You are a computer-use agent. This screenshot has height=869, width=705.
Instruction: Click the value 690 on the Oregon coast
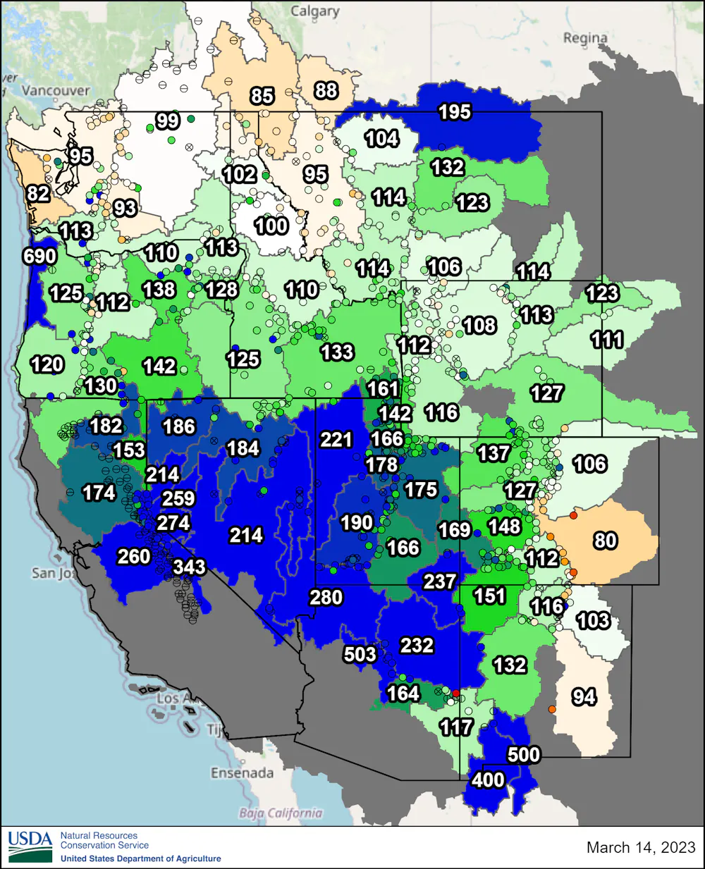click(39, 256)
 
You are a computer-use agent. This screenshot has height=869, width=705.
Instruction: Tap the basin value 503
click(360, 655)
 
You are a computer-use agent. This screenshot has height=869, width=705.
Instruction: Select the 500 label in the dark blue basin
click(524, 755)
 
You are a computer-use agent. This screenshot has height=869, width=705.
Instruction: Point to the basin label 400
click(488, 780)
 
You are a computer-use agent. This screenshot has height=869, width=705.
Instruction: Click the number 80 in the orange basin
click(606, 541)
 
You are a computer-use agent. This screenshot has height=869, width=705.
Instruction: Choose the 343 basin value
click(189, 567)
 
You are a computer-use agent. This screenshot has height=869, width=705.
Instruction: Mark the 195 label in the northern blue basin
click(455, 112)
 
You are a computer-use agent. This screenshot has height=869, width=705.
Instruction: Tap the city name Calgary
click(315, 12)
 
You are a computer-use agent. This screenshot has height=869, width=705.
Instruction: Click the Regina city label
click(584, 38)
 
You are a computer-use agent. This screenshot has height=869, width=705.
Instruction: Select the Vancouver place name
click(56, 91)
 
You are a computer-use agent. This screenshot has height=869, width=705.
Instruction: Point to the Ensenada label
click(242, 773)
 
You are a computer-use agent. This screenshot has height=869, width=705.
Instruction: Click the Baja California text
click(281, 813)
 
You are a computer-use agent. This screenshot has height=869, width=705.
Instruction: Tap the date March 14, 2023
click(641, 847)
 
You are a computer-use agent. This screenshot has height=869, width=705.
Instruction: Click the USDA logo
click(30, 846)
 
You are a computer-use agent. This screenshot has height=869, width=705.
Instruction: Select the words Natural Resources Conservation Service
click(104, 840)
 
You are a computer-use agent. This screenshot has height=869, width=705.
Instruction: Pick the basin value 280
click(326, 598)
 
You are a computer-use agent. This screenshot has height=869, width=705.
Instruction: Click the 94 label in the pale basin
click(584, 697)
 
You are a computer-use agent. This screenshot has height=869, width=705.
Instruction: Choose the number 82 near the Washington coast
click(38, 193)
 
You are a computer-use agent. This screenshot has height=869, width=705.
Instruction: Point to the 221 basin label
click(336, 440)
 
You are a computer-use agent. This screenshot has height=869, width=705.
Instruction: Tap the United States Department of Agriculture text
click(140, 858)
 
